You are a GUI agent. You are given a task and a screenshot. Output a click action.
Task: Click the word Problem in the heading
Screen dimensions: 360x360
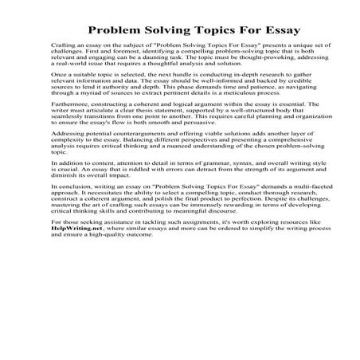tap(117, 31)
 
